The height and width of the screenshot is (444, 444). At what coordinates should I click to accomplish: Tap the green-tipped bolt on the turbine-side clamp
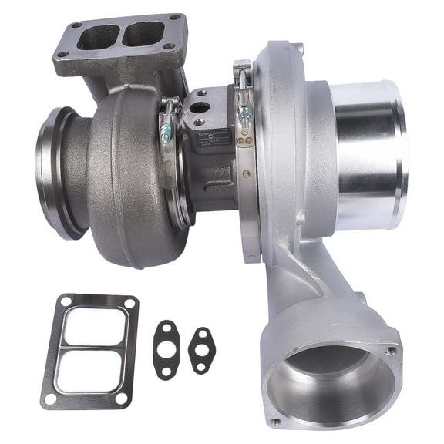point(166,132)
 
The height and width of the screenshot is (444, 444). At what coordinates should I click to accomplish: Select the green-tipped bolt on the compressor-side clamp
point(245,117)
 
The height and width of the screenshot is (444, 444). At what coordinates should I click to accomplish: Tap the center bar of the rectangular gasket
point(90,348)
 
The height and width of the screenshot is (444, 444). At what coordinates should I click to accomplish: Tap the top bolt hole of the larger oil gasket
point(163,330)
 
